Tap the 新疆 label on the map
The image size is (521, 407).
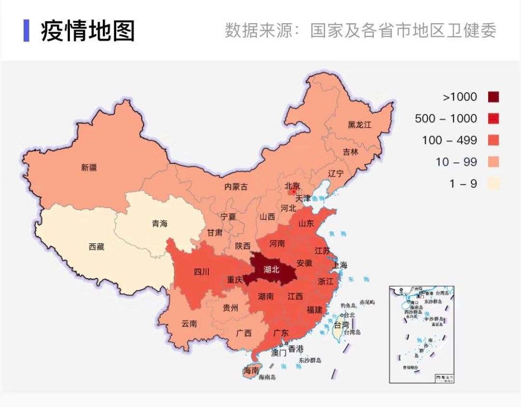(89, 168)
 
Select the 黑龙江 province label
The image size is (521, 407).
(360, 124)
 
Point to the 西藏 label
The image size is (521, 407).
(96, 247)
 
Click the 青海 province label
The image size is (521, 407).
(160, 224)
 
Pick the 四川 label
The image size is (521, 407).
(202, 271)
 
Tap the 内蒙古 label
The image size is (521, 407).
(236, 187)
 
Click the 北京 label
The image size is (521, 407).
(292, 186)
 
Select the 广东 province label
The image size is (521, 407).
(281, 333)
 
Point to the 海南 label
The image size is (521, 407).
(251, 370)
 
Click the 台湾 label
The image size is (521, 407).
(341, 325)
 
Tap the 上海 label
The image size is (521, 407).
(339, 265)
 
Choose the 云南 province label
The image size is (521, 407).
(190, 324)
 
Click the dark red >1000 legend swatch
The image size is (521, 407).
(493, 97)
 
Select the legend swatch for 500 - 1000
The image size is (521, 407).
(493, 119)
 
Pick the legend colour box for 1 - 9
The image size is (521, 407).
(493, 183)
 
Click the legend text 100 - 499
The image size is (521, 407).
(449, 140)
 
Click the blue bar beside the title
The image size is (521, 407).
(27, 30)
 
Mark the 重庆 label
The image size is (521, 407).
(235, 280)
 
